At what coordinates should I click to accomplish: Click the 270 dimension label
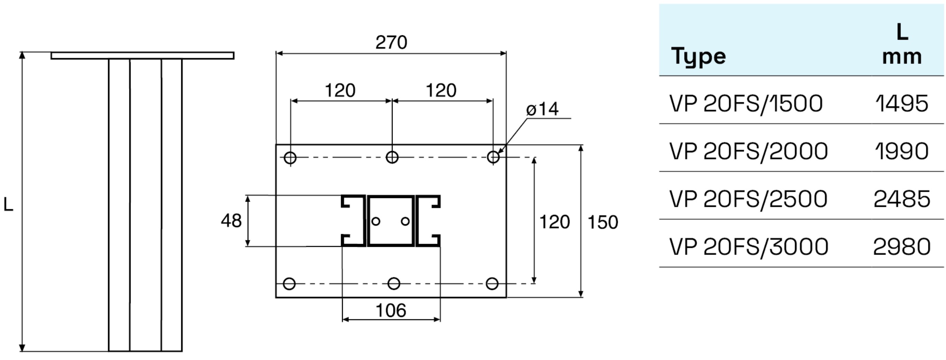[x=391, y=43]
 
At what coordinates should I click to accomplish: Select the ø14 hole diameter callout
[x=542, y=109]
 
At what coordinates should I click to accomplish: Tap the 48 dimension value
[x=231, y=221]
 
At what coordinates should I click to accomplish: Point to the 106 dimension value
[x=391, y=311]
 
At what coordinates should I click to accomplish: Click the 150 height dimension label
[x=603, y=222]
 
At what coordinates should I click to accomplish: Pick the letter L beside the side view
[x=8, y=205]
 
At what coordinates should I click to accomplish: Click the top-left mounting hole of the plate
[x=290, y=158]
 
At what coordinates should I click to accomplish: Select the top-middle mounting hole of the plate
[x=392, y=157]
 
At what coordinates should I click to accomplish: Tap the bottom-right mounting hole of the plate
[x=492, y=283]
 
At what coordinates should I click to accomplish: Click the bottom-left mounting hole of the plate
[x=290, y=283]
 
